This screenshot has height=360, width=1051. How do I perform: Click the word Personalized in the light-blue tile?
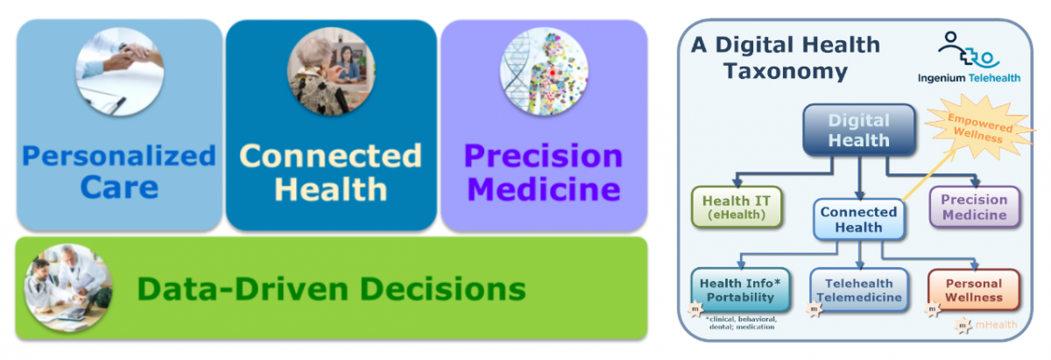[x=118, y=156]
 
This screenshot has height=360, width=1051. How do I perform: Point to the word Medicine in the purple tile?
[x=543, y=189]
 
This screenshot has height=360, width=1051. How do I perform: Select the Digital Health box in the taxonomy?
[x=858, y=131]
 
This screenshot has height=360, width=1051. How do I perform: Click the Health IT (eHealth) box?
[x=734, y=208]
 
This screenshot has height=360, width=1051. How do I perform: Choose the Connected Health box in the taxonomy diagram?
[x=858, y=219]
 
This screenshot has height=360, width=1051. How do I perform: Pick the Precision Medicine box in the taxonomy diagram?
[x=974, y=208]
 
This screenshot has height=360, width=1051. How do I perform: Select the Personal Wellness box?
[x=973, y=290]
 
